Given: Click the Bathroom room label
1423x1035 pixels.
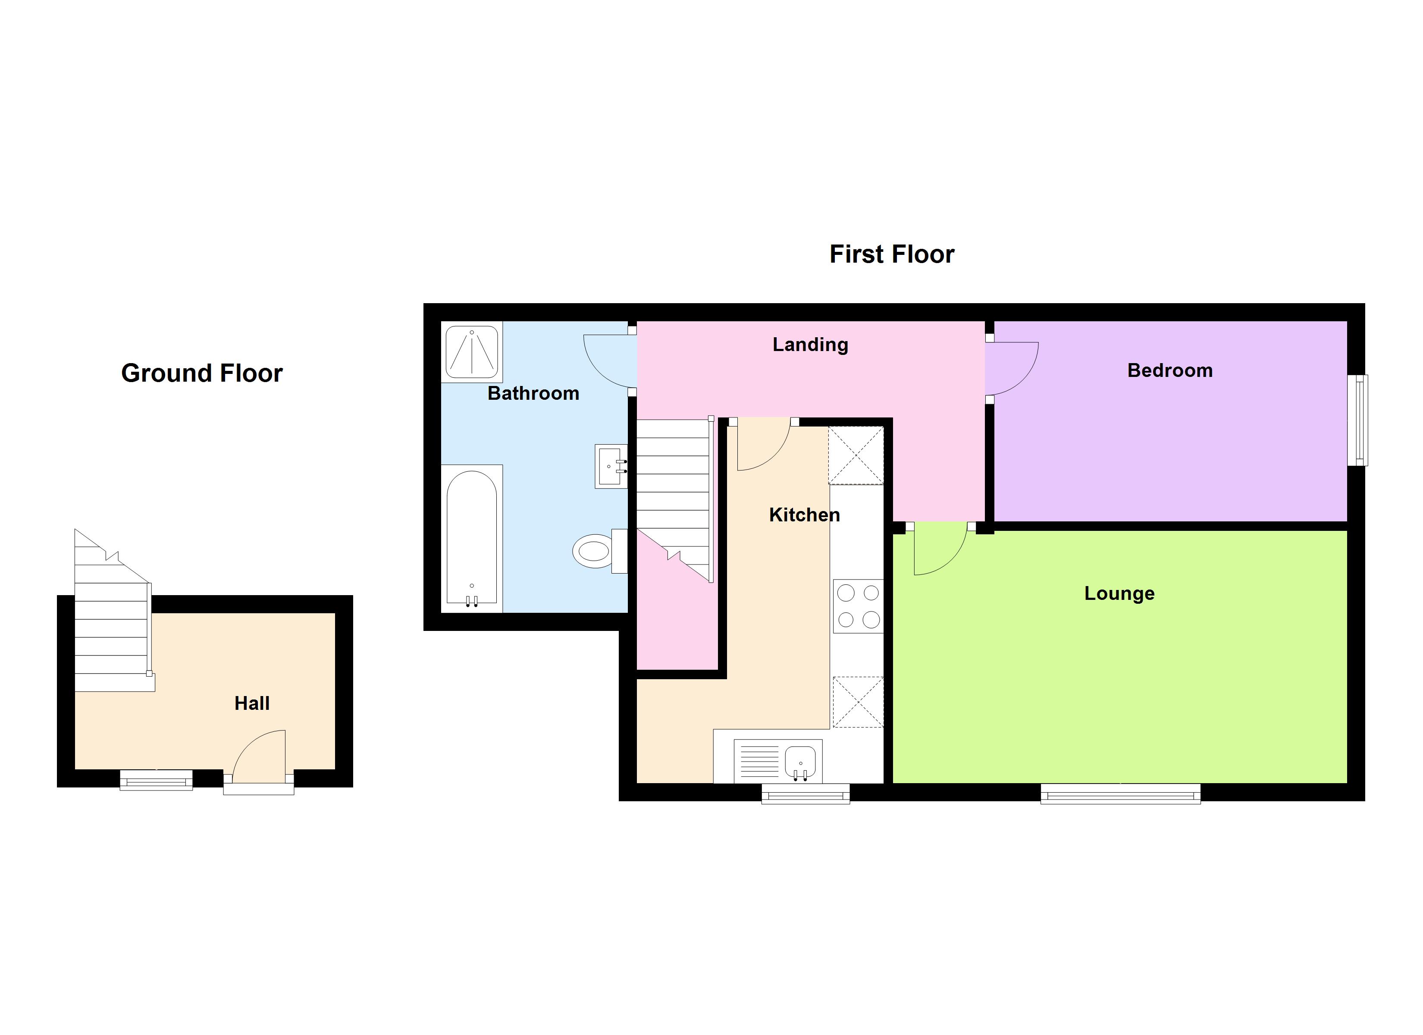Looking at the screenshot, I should click(x=533, y=394).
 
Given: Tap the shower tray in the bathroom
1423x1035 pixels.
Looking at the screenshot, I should click(x=472, y=351).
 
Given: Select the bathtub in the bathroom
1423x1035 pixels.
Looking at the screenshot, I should click(x=472, y=538).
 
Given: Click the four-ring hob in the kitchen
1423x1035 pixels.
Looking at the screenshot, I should click(x=858, y=606).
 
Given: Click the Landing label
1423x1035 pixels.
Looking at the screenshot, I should click(x=810, y=345).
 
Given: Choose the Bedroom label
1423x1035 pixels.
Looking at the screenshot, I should click(x=1169, y=370).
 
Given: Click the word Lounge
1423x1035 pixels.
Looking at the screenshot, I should click(x=1119, y=593).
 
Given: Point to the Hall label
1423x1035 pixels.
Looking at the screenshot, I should click(x=251, y=703).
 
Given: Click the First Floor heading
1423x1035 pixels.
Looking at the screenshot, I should click(x=892, y=254).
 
